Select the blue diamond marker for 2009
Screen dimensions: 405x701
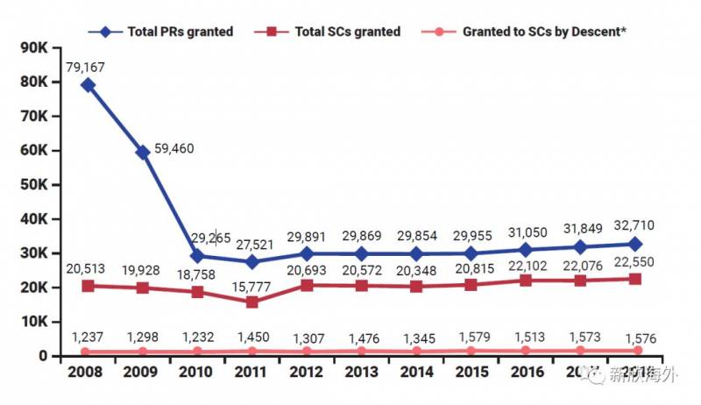[x=143, y=153]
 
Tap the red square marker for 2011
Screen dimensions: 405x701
[x=252, y=302]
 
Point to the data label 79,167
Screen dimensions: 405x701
[x=89, y=64]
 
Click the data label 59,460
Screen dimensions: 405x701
[x=175, y=148]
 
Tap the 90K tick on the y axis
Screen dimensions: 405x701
[x=32, y=47]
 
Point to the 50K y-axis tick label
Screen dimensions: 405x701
[x=32, y=184]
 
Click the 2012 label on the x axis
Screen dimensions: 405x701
[x=307, y=372]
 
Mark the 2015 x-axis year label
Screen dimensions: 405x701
[x=471, y=372]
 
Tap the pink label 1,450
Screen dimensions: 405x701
[x=252, y=337]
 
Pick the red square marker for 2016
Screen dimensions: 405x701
[x=526, y=281]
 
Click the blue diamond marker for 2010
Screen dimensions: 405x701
[x=198, y=256]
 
